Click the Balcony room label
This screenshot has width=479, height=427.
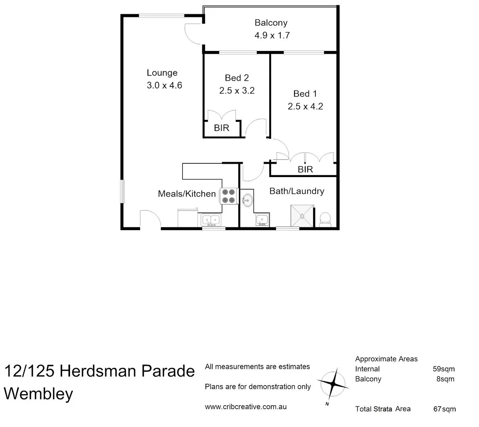click(x=271, y=23)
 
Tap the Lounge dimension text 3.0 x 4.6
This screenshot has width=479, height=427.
click(x=164, y=85)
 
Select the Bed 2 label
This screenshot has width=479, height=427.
click(x=237, y=78)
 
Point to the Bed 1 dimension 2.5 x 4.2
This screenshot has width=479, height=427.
click(x=305, y=106)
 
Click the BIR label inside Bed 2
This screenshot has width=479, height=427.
click(x=222, y=128)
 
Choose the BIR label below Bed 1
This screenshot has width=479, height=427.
click(x=305, y=170)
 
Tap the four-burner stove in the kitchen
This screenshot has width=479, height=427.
click(x=229, y=195)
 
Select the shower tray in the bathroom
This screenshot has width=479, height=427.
click(x=302, y=215)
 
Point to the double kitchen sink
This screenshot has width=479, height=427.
click(x=211, y=219)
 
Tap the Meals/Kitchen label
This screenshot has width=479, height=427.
click(x=186, y=194)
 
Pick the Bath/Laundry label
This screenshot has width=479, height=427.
click(x=297, y=191)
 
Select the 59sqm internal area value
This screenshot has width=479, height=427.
click(x=444, y=369)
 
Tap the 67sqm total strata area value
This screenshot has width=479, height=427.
click(x=444, y=409)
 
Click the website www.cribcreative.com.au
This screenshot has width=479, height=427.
click(x=245, y=407)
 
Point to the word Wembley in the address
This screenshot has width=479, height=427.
click(x=38, y=394)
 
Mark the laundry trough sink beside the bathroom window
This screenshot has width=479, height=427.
click(x=262, y=219)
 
